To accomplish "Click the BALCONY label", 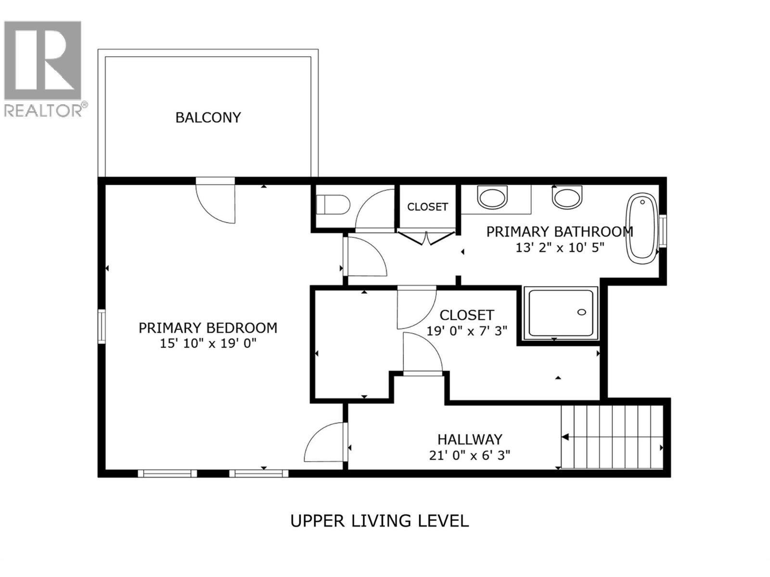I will (208, 118).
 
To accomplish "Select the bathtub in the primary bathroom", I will (642, 227).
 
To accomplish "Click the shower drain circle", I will (581, 313).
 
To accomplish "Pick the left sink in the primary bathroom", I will (492, 198).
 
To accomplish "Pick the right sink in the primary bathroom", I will (567, 198).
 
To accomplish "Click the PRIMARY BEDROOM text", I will (208, 328).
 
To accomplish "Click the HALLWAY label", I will (470, 439).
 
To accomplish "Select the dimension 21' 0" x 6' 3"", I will (470, 455).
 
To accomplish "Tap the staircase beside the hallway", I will (612, 437).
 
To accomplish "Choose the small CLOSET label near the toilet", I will (427, 207).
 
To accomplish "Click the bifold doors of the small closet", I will (426, 237).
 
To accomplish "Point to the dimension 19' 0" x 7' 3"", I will (467, 331).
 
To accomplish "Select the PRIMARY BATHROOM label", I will (559, 232).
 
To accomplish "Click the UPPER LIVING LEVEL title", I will (379, 521).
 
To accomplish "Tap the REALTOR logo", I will (43, 67).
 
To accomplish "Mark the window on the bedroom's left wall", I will (102, 326).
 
